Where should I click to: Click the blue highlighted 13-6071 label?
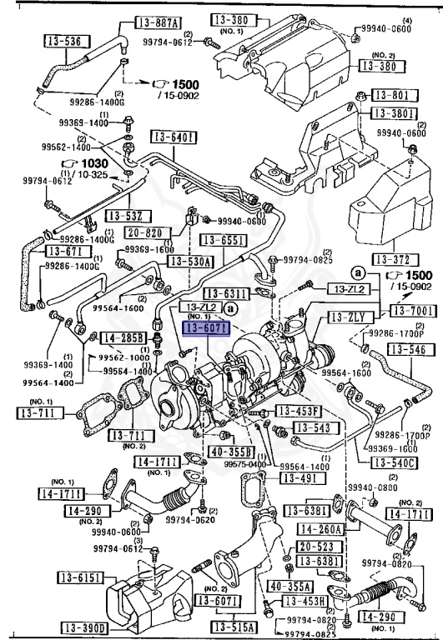point(201,328)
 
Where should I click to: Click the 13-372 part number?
point(395,258)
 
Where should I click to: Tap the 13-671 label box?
point(66,250)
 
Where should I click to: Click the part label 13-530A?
point(190,261)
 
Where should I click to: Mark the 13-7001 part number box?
point(410,311)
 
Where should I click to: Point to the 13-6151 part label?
point(79,577)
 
